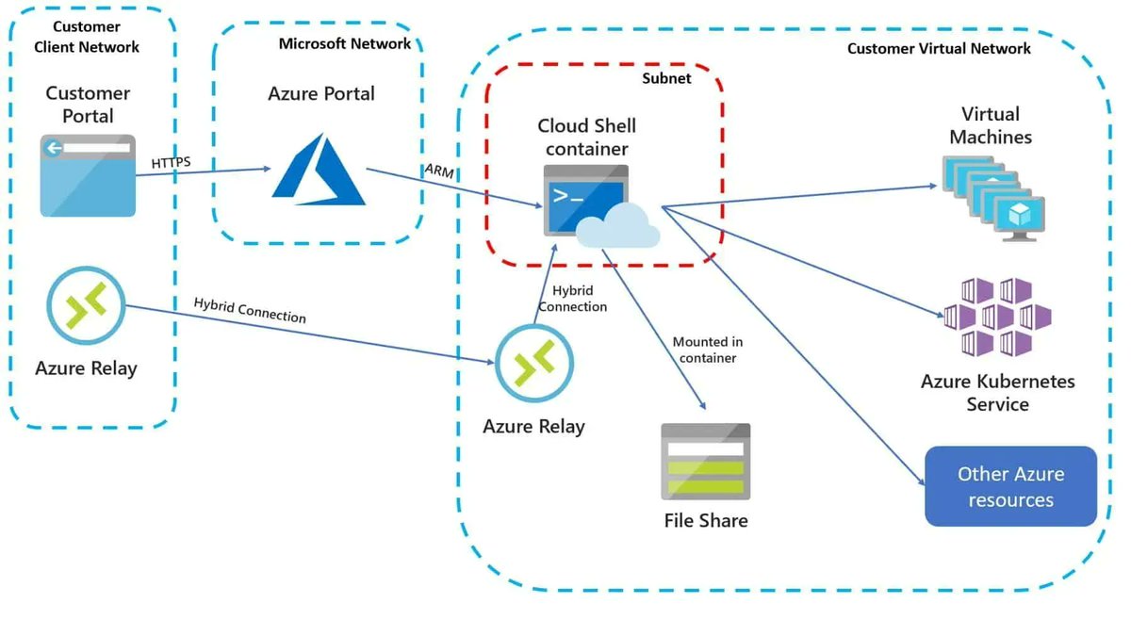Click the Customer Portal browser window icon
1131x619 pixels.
(x=88, y=175)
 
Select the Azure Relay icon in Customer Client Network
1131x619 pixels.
(x=86, y=304)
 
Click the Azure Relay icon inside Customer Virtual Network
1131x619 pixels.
(x=534, y=363)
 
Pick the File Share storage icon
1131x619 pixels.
(x=705, y=461)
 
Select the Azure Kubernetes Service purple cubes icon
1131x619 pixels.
(x=996, y=317)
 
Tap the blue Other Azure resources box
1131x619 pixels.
(x=1010, y=486)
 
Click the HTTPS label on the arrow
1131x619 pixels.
(x=171, y=163)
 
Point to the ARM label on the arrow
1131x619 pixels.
(x=438, y=169)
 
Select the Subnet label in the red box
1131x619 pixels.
(x=666, y=78)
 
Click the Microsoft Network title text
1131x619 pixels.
(x=344, y=43)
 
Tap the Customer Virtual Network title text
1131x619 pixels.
(x=939, y=48)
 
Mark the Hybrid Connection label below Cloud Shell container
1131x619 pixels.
(x=573, y=299)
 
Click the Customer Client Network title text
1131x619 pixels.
(x=86, y=37)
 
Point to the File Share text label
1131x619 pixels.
(x=705, y=520)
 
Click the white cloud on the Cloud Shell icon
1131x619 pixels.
(x=617, y=226)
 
